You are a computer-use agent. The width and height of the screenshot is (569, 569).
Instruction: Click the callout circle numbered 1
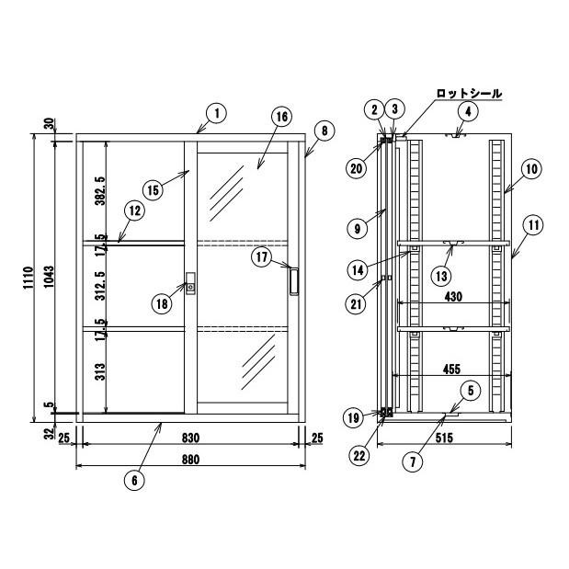(217, 114)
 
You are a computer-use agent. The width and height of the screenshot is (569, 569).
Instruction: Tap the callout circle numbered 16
(281, 117)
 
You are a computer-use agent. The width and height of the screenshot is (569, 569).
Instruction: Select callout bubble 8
(324, 131)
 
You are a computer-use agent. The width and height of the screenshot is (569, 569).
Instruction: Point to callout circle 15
(154, 189)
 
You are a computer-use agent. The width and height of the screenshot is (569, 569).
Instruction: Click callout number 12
(134, 211)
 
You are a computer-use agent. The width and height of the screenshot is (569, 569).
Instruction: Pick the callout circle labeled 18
(162, 303)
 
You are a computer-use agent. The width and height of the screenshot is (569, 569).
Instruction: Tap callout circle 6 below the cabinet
(134, 481)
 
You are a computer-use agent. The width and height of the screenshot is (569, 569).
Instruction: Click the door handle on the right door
(294, 281)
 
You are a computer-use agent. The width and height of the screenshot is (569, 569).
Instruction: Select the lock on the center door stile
(190, 284)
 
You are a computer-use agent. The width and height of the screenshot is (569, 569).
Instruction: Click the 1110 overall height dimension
(28, 278)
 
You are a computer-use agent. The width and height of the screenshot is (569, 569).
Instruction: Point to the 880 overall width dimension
(190, 460)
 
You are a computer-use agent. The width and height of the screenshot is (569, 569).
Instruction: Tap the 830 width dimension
(190, 438)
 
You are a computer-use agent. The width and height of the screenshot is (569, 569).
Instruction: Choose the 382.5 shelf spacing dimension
(99, 191)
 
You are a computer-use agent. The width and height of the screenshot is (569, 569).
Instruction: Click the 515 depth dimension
(444, 438)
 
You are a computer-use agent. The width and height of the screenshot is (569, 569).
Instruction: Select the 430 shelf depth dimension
(453, 297)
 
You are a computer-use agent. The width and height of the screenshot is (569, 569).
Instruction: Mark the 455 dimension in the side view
(451, 369)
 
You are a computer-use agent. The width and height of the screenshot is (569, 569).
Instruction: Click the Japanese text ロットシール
(469, 93)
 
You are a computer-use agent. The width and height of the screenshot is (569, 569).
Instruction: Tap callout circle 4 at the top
(468, 112)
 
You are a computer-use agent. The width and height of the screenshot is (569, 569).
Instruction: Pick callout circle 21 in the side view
(356, 303)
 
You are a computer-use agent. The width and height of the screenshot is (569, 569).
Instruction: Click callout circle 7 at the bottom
(413, 462)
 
